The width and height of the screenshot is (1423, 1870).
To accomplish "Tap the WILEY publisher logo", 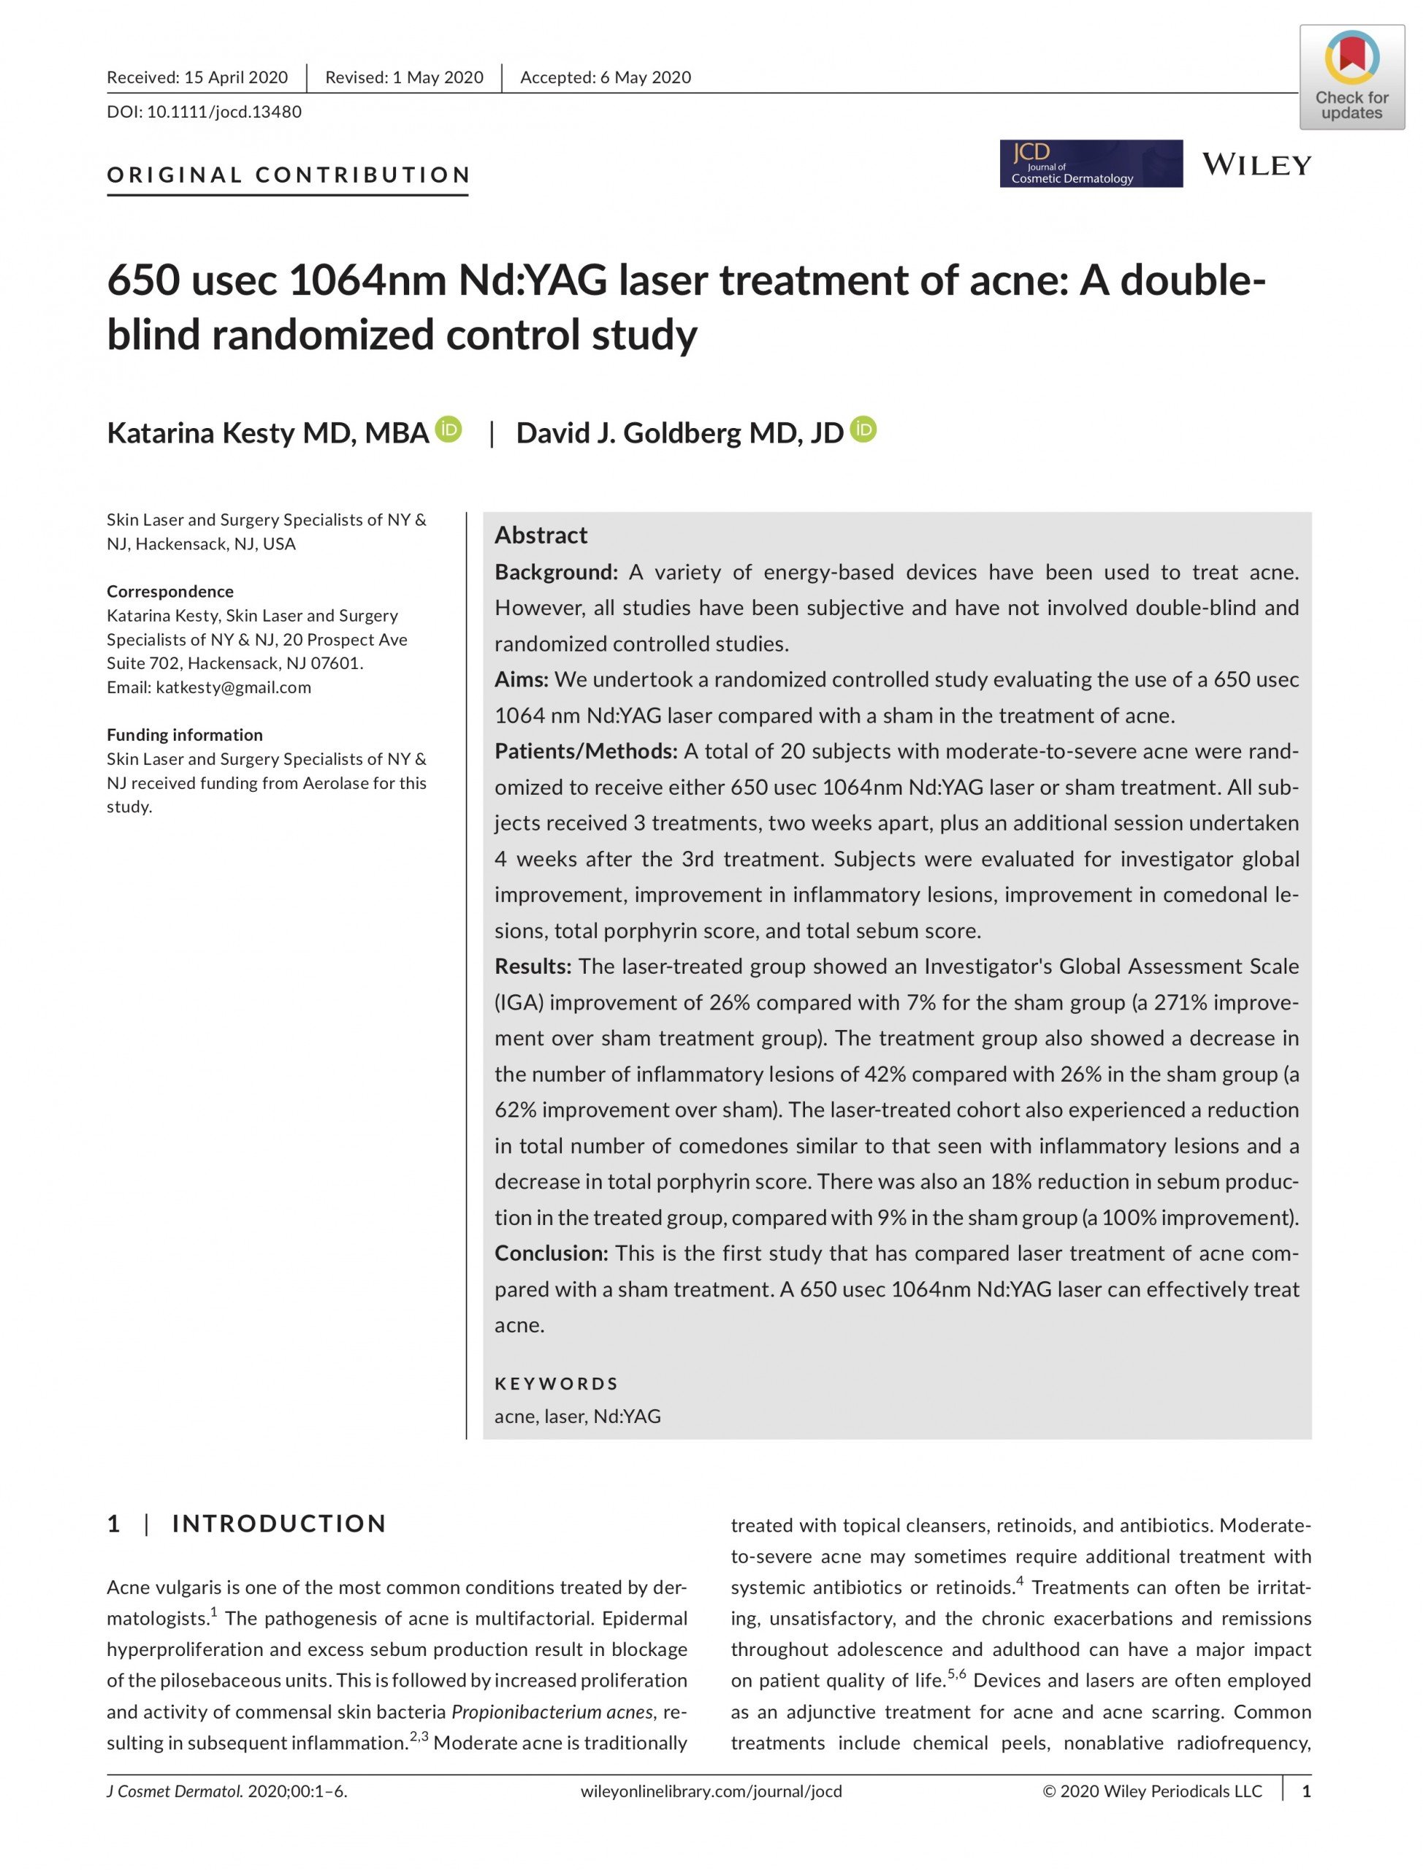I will click(x=1256, y=164).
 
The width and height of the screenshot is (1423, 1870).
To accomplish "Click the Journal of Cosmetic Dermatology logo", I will click(x=1090, y=164).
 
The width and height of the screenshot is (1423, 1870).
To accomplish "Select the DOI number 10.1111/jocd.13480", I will click(x=224, y=112).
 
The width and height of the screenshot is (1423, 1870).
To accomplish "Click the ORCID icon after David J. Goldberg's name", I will click(x=863, y=430).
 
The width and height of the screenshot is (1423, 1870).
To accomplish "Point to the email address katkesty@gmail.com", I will click(x=233, y=687).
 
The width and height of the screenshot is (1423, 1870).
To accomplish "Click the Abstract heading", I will click(x=541, y=535).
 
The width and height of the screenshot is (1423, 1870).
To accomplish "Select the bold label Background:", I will click(x=556, y=572).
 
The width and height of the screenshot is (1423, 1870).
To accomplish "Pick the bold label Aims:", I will click(x=522, y=679).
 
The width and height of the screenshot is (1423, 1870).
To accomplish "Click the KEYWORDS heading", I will click(x=556, y=1383).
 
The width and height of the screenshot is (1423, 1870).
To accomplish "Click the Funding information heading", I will click(x=185, y=734).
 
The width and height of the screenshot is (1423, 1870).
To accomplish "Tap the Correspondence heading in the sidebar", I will click(x=170, y=591).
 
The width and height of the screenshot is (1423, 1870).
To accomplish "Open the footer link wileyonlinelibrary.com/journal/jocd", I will click(x=711, y=1791).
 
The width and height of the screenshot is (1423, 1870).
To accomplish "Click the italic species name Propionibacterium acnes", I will click(x=552, y=1711).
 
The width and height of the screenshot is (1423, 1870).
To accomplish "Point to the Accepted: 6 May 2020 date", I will click(x=605, y=78).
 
